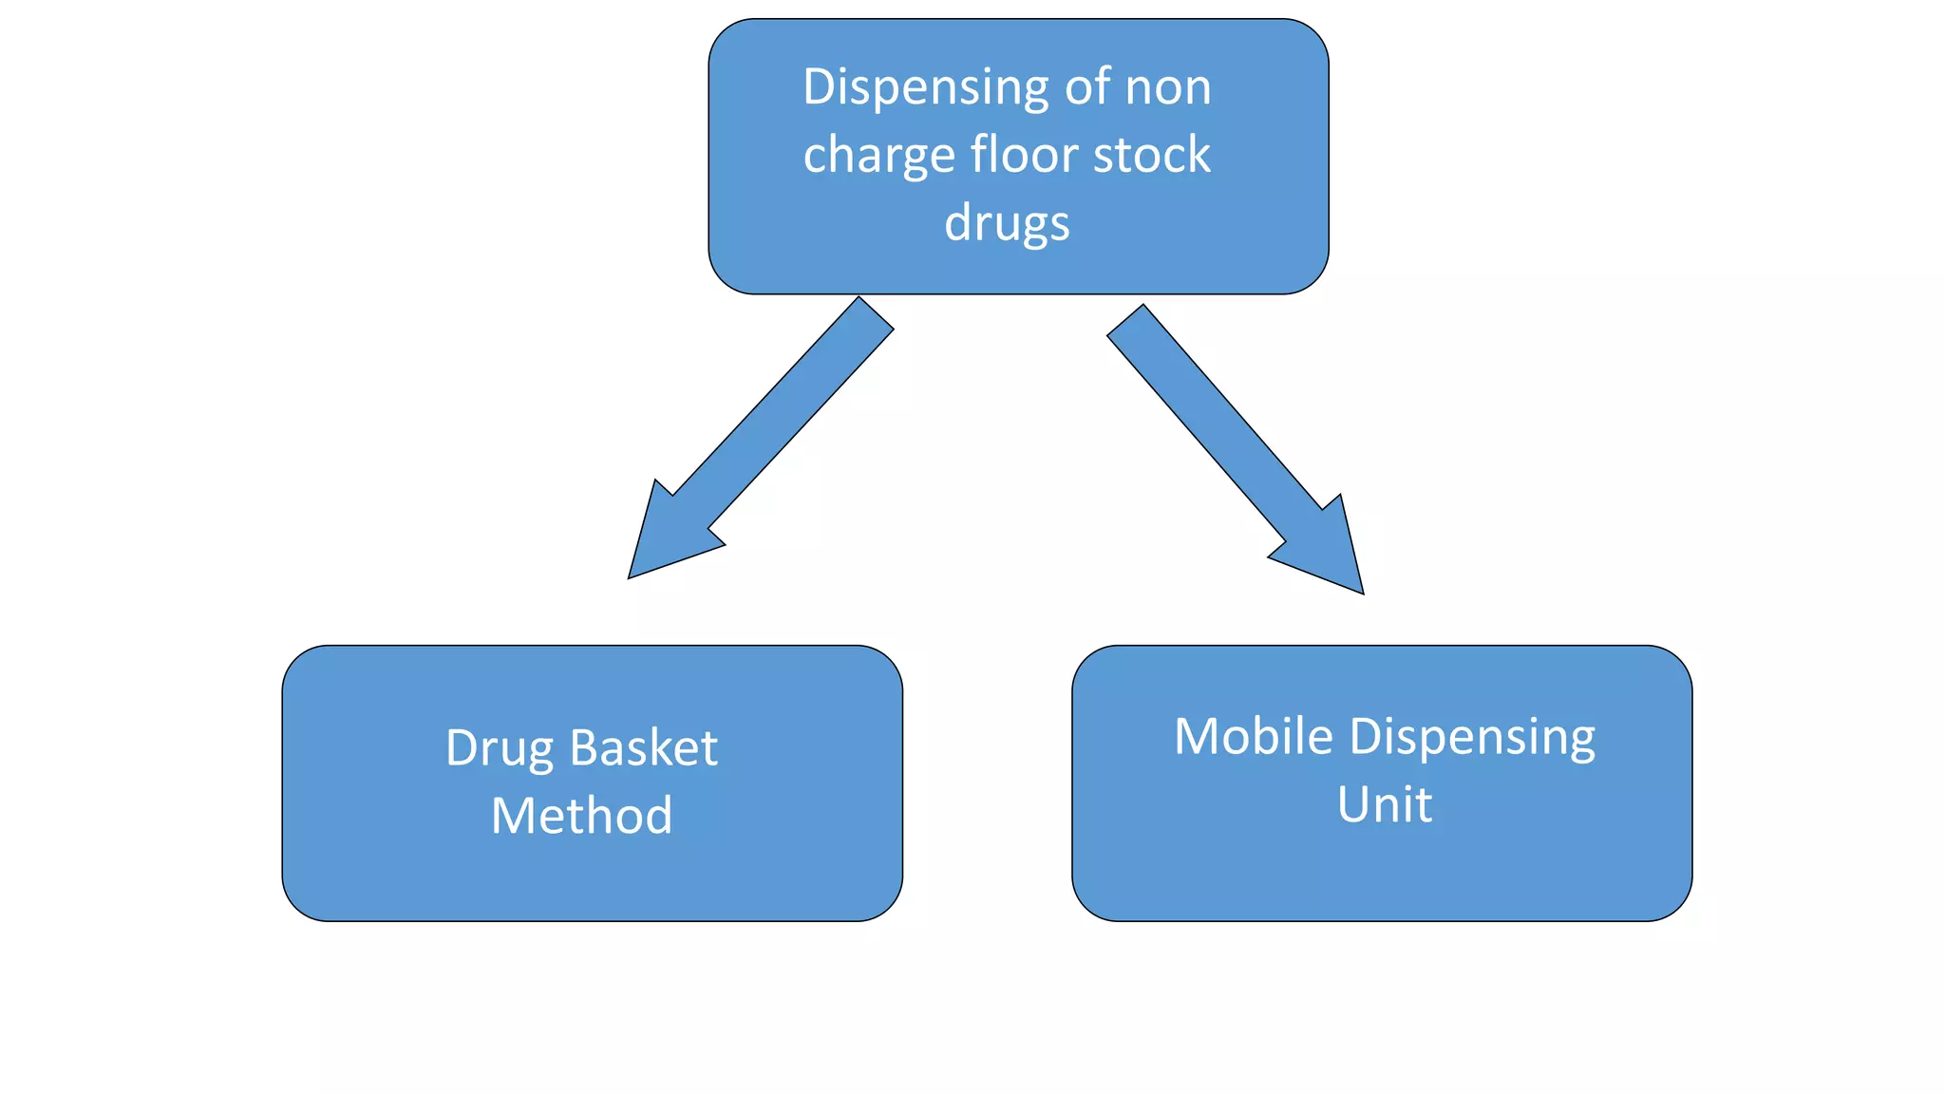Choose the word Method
pos(581,816)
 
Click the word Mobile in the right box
pos(1253,737)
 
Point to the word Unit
pos(1384,805)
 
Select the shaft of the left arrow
pos(784,413)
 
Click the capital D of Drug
pos(463,748)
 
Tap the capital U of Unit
pos(1353,805)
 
